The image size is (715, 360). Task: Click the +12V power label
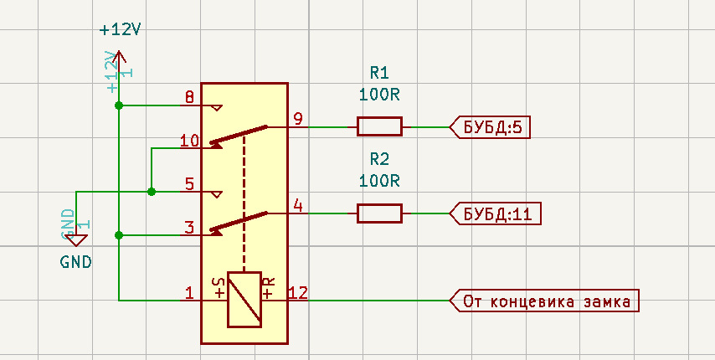click(x=120, y=29)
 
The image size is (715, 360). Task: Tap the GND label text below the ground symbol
click(x=76, y=261)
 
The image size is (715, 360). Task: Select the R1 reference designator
click(x=379, y=73)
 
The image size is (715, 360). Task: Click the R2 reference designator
click(x=379, y=159)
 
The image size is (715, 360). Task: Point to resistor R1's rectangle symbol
click(x=379, y=126)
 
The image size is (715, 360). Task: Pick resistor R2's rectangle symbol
click(x=379, y=213)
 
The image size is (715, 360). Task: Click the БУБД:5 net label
click(x=492, y=127)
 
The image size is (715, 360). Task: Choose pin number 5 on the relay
click(x=189, y=184)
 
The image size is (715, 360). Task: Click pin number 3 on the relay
click(x=189, y=227)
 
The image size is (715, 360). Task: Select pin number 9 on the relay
click(x=298, y=118)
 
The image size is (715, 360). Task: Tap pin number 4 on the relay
click(x=298, y=204)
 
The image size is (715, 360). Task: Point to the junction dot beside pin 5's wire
click(x=152, y=192)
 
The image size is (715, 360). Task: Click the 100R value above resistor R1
click(x=379, y=95)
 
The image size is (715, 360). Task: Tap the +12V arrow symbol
click(x=120, y=57)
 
